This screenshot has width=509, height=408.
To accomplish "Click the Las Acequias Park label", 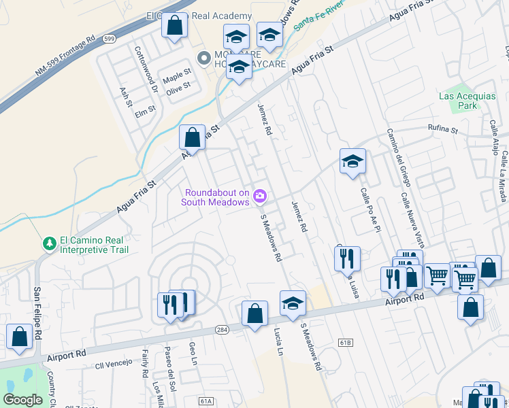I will (467, 101).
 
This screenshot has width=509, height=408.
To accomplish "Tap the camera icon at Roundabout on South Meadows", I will (259, 197).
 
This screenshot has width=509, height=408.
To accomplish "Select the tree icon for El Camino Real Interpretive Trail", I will (49, 243).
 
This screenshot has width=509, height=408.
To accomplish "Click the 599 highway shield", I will (110, 39).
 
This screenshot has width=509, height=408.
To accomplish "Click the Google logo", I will (23, 400).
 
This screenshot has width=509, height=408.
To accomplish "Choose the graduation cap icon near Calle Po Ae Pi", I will (352, 161).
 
